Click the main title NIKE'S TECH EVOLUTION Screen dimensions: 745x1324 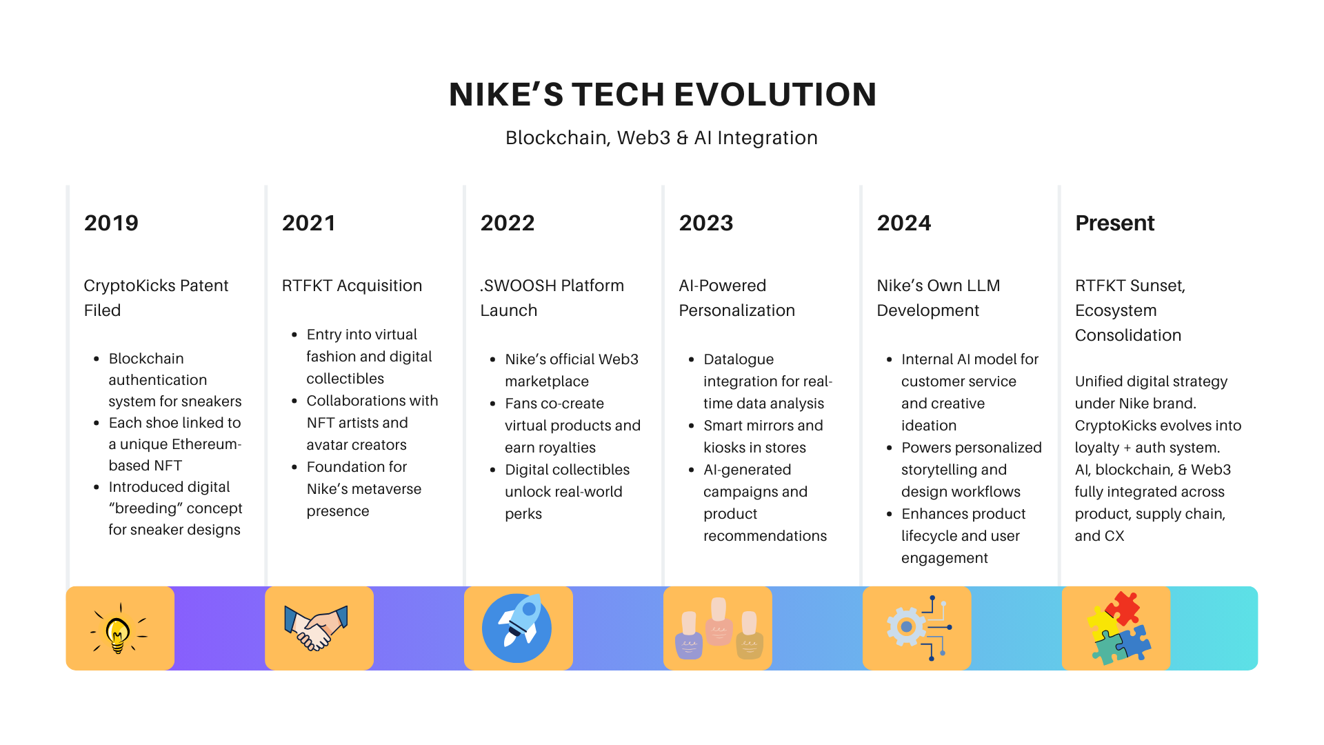coord(662,95)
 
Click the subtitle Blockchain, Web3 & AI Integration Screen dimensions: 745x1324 coord(661,138)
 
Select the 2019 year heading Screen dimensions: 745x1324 coord(111,223)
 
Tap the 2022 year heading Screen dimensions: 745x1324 coord(508,223)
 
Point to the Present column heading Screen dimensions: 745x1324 coord(1114,223)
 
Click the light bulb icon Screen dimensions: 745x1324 coord(119,628)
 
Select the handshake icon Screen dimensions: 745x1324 coord(317,628)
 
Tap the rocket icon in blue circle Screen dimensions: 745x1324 coord(517,628)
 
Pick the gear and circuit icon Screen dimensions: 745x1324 coord(919,628)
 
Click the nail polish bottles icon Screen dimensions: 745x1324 coord(719,628)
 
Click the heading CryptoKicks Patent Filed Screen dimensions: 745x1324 coord(156,298)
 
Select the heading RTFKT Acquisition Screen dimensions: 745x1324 coord(352,286)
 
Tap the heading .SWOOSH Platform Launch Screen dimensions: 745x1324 coord(552,298)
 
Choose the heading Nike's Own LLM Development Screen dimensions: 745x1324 coord(938,298)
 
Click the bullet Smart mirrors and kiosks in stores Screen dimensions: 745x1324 coord(762,437)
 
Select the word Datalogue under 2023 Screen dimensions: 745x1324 coord(738,359)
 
